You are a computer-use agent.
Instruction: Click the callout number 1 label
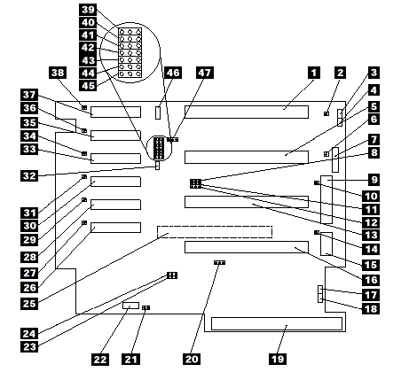314,73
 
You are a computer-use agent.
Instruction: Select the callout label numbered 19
278,359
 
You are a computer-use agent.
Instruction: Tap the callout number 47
205,73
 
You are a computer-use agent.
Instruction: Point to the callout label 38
58,73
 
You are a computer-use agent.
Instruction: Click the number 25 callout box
29,304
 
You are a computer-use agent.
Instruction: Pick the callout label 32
29,175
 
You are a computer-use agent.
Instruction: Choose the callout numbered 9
374,180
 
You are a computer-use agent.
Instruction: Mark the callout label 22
100,360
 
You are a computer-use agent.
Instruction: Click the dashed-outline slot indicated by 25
215,232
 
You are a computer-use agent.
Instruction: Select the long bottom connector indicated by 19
277,324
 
